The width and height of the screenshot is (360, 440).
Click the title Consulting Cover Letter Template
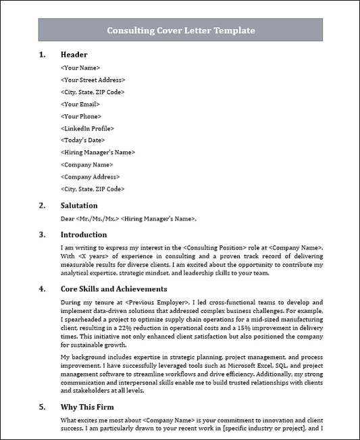click(180, 30)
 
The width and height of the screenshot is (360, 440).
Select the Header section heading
click(74, 55)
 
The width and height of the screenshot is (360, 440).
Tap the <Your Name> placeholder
click(80, 68)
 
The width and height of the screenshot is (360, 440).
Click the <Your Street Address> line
click(93, 80)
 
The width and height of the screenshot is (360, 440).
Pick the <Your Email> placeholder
click(80, 104)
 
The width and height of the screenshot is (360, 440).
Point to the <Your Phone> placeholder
click(82, 116)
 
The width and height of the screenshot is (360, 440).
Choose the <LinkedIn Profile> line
click(87, 128)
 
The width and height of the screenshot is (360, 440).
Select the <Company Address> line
click(91, 177)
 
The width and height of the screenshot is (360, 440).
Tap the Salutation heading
click(79, 205)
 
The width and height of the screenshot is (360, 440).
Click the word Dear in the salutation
click(68, 218)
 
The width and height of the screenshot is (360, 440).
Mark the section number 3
click(42, 235)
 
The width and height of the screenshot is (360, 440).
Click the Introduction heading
click(84, 235)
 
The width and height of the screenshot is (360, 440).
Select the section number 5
click(42, 407)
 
